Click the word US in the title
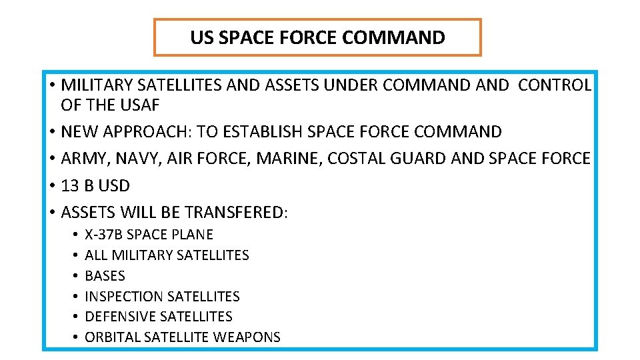(x=201, y=38)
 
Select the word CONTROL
(x=554, y=85)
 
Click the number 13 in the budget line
(x=70, y=185)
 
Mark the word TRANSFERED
(x=233, y=212)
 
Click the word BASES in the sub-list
(x=105, y=275)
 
